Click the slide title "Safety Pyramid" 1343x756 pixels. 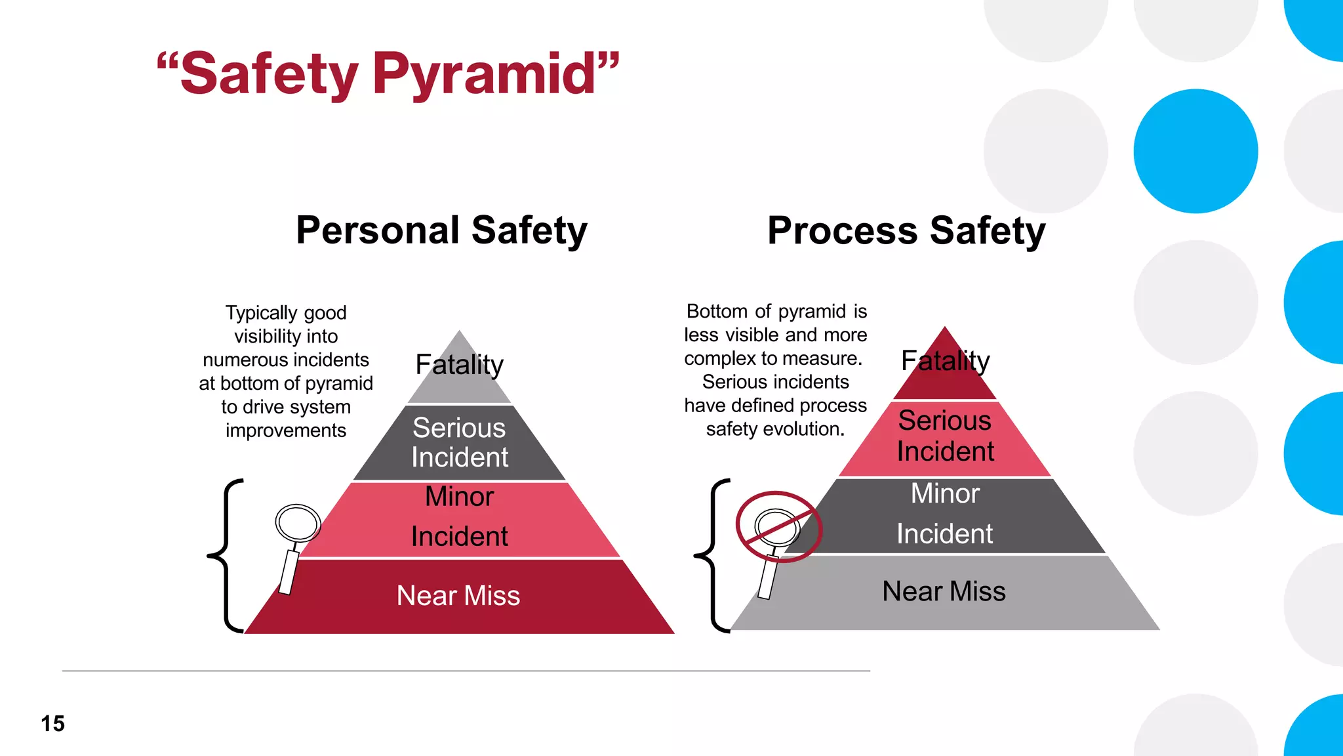(x=388, y=73)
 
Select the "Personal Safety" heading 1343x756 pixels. (x=441, y=230)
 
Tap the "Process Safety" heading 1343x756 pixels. (x=906, y=231)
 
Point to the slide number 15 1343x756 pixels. (x=52, y=723)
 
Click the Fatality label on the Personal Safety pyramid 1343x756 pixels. (x=459, y=365)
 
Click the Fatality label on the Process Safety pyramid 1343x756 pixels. (x=945, y=361)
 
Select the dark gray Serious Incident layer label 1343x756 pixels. (x=459, y=442)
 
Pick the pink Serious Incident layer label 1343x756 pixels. (x=945, y=436)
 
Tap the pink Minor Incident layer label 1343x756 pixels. (x=459, y=516)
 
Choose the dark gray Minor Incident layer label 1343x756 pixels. (x=945, y=514)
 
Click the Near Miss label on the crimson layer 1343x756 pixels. (x=458, y=596)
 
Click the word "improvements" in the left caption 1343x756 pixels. (x=286, y=430)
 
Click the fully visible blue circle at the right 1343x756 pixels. (x=1195, y=151)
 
